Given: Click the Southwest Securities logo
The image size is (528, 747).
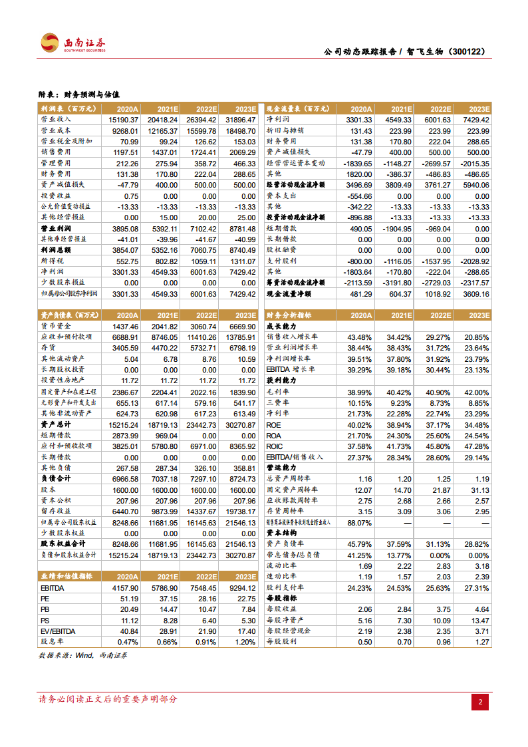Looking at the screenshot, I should [x=72, y=43].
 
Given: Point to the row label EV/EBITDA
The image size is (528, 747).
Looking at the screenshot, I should [x=58, y=631].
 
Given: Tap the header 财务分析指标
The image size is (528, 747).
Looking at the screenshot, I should [x=288, y=315].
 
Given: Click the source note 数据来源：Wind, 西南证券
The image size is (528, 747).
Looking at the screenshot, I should [x=83, y=655].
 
